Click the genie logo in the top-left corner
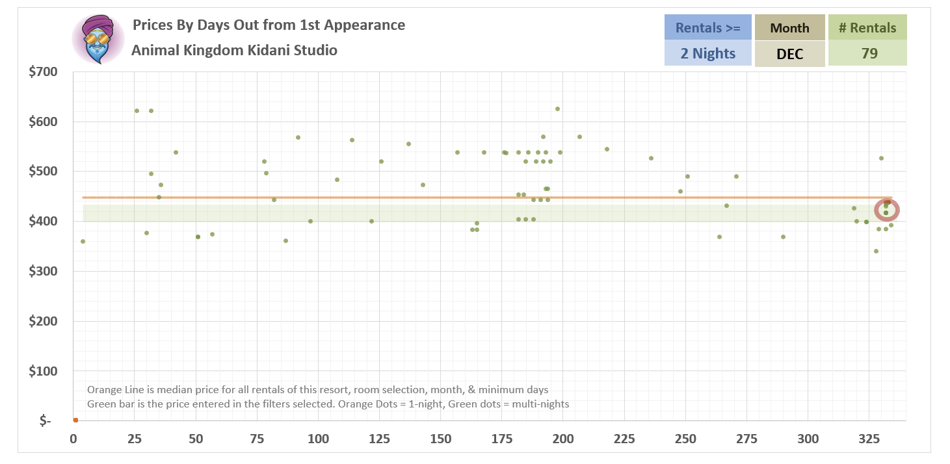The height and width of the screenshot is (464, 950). tap(98, 39)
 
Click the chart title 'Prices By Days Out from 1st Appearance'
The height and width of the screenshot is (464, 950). tap(269, 25)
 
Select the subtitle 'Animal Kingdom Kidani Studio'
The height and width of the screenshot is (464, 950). tap(234, 50)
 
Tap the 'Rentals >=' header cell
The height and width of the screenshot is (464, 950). tap(707, 27)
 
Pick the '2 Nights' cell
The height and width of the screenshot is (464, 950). tap(707, 53)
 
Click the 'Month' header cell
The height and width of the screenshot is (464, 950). tap(789, 27)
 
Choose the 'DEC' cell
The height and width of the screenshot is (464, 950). tap(789, 53)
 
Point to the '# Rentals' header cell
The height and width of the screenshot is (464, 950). tap(867, 27)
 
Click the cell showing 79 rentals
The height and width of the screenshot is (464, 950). tap(867, 53)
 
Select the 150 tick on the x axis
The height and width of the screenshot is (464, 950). tap(440, 439)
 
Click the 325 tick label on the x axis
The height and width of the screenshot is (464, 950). tap(869, 439)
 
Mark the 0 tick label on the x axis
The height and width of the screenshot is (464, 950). tap(73, 439)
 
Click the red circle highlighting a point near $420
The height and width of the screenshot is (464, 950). tap(887, 210)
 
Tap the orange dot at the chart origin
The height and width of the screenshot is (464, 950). tap(75, 420)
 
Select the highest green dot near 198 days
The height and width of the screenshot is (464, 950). tap(557, 109)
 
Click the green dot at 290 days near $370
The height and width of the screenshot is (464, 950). tap(783, 237)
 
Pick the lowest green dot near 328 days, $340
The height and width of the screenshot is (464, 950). tap(876, 251)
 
